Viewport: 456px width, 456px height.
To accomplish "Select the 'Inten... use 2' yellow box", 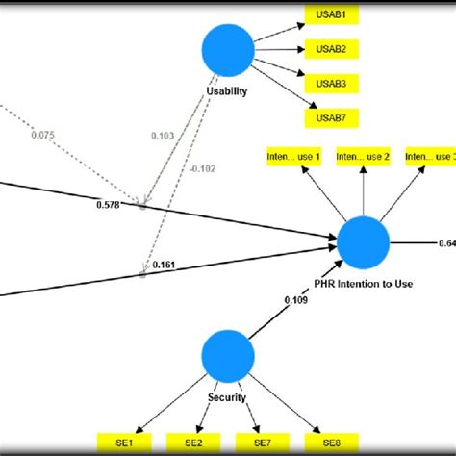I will (362, 156).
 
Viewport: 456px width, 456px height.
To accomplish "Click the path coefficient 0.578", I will (109, 205).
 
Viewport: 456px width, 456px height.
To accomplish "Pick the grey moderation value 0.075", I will (43, 135).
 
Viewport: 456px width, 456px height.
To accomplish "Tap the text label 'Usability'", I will (227, 91).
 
